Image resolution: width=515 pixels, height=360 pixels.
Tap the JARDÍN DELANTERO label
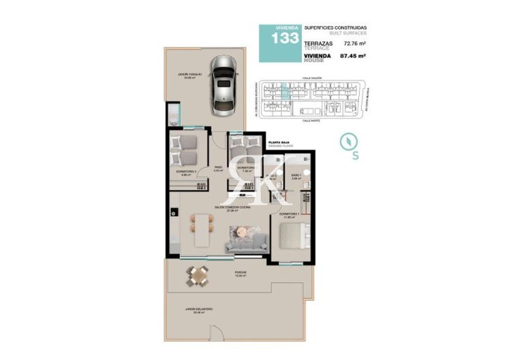[198, 309]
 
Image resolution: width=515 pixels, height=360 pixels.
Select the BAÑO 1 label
[296, 175]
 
